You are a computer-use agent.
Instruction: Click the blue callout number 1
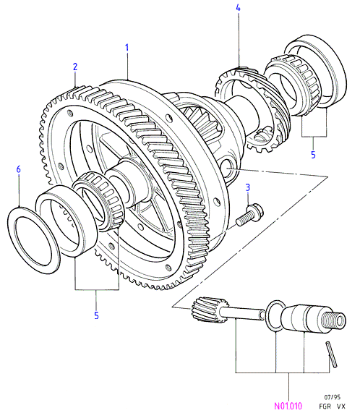tap(127, 48)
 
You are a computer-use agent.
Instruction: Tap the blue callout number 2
tap(75, 67)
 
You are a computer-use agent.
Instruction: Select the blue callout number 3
tap(248, 187)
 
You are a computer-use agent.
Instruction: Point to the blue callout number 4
tap(238, 8)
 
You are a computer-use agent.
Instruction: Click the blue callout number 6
tap(18, 169)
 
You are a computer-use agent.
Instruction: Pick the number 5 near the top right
tap(313, 155)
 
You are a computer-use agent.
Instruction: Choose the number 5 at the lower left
tap(96, 315)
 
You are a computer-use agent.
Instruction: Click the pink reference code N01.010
tap(288, 406)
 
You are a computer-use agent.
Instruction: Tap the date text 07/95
tap(332, 397)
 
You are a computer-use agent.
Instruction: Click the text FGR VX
tap(332, 406)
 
